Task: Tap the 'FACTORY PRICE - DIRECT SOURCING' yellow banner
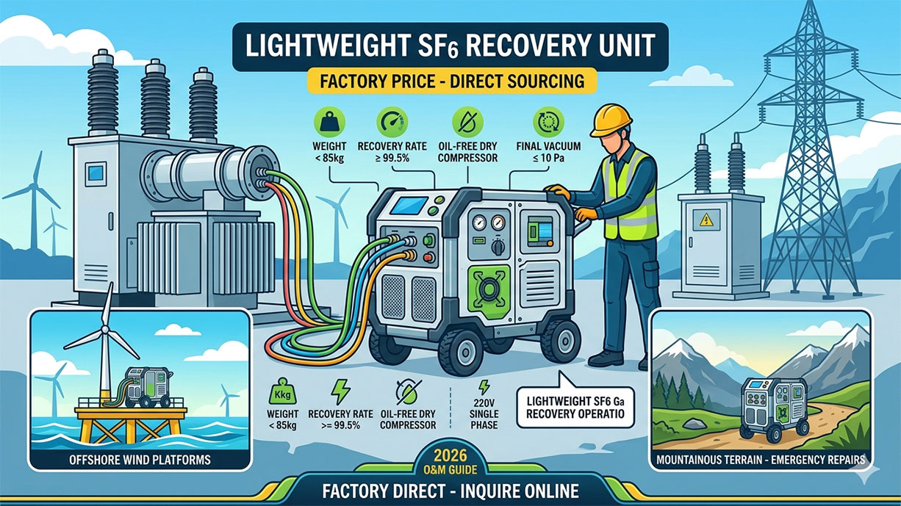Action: [450, 81]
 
